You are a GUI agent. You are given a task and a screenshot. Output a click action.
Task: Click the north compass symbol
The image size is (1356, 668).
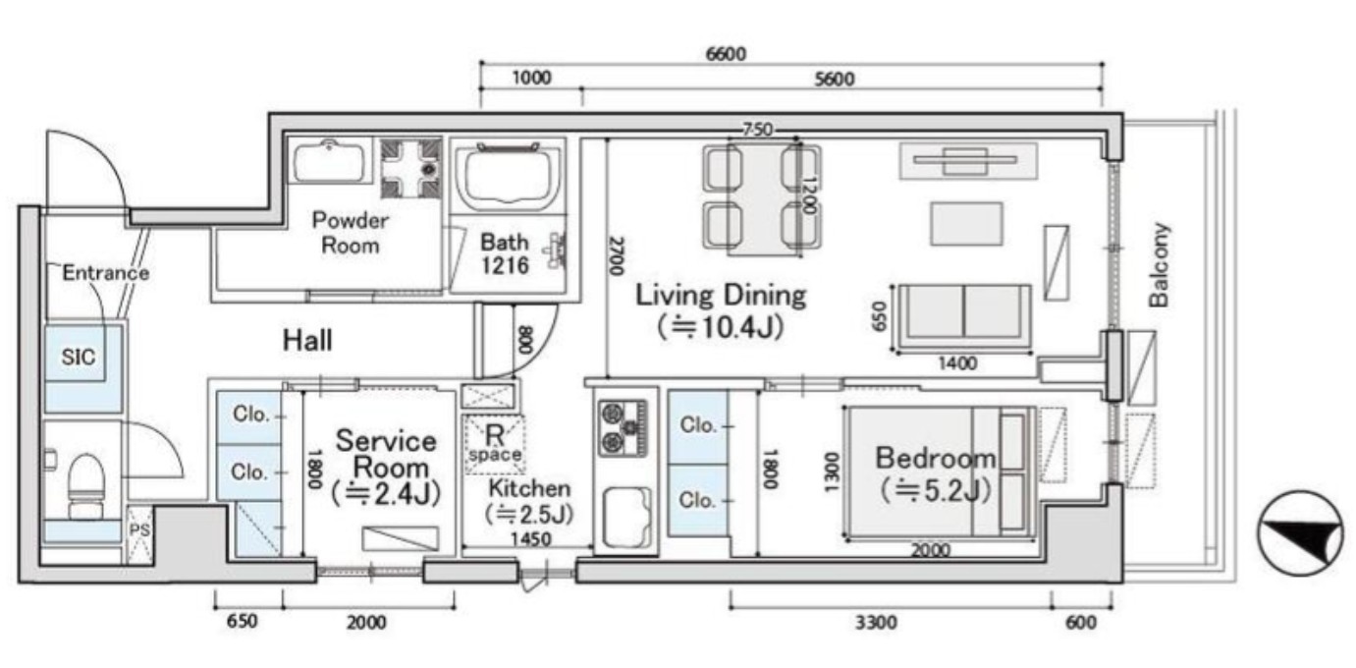pyautogui.click(x=1299, y=533)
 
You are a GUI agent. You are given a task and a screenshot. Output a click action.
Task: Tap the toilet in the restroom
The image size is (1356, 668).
pyautogui.click(x=84, y=487)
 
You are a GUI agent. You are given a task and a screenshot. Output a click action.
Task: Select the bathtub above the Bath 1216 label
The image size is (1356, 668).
pyautogui.click(x=509, y=176)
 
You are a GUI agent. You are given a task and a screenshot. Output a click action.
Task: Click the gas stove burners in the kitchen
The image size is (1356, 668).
pyautogui.click(x=624, y=427)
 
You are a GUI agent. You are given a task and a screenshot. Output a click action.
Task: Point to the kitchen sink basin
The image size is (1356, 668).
pyautogui.click(x=627, y=516)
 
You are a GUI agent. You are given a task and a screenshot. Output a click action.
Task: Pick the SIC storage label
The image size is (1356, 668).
pyautogui.click(x=79, y=357)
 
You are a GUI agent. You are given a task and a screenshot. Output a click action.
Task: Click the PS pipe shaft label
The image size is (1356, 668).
pyautogui.click(x=139, y=529)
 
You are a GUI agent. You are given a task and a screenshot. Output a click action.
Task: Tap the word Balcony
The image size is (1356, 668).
pyautogui.click(x=1159, y=265)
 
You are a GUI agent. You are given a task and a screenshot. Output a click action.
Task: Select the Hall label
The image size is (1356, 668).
pyautogui.click(x=307, y=340)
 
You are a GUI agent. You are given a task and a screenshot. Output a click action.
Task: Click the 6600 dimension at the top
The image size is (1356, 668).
pyautogui.click(x=726, y=54)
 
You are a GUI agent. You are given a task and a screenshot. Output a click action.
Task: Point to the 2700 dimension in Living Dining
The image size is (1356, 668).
pyautogui.click(x=617, y=256)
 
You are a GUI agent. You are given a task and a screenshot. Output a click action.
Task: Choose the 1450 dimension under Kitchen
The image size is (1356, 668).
pyautogui.click(x=530, y=538)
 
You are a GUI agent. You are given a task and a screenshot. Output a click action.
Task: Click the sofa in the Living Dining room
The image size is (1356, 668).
pyautogui.click(x=963, y=318)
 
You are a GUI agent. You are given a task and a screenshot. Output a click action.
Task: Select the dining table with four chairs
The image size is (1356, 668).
pyautogui.click(x=763, y=196)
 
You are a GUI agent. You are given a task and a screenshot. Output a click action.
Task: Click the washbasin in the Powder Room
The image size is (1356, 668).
pyautogui.click(x=330, y=162)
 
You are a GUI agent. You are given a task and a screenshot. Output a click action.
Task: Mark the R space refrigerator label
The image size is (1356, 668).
pyautogui.click(x=495, y=443)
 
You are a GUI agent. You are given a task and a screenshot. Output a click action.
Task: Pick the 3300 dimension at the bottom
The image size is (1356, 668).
pyautogui.click(x=876, y=622)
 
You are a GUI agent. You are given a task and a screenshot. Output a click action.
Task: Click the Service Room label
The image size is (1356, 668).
pyautogui.click(x=386, y=454)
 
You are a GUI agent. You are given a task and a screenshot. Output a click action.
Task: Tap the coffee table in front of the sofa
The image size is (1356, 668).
pyautogui.click(x=966, y=224)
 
